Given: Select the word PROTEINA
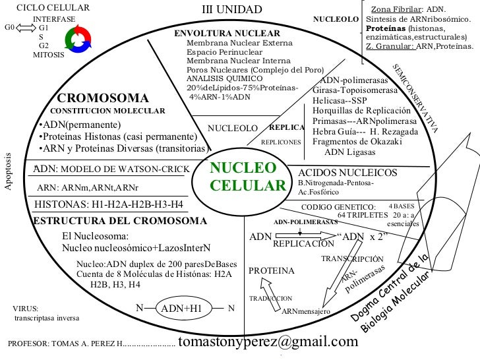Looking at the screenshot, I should tap(271, 270).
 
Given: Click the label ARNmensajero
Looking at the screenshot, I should tap(305, 311).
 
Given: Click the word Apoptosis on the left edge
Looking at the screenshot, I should tap(8, 171).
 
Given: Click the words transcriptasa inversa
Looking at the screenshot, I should tap(46, 318).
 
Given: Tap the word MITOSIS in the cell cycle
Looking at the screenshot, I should tap(49, 55).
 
